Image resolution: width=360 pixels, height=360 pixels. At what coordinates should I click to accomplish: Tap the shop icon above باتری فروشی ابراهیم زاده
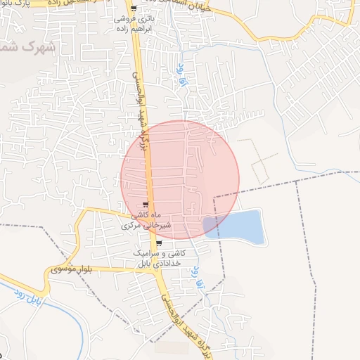pyautogui.click(x=134, y=9)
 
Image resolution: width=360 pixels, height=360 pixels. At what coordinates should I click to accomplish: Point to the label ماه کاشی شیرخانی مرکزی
pyautogui.click(x=141, y=221)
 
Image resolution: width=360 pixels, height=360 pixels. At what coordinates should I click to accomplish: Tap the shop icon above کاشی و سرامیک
pyautogui.click(x=159, y=243)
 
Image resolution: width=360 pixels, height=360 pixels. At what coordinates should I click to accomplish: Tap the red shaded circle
pyautogui.click(x=180, y=180)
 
